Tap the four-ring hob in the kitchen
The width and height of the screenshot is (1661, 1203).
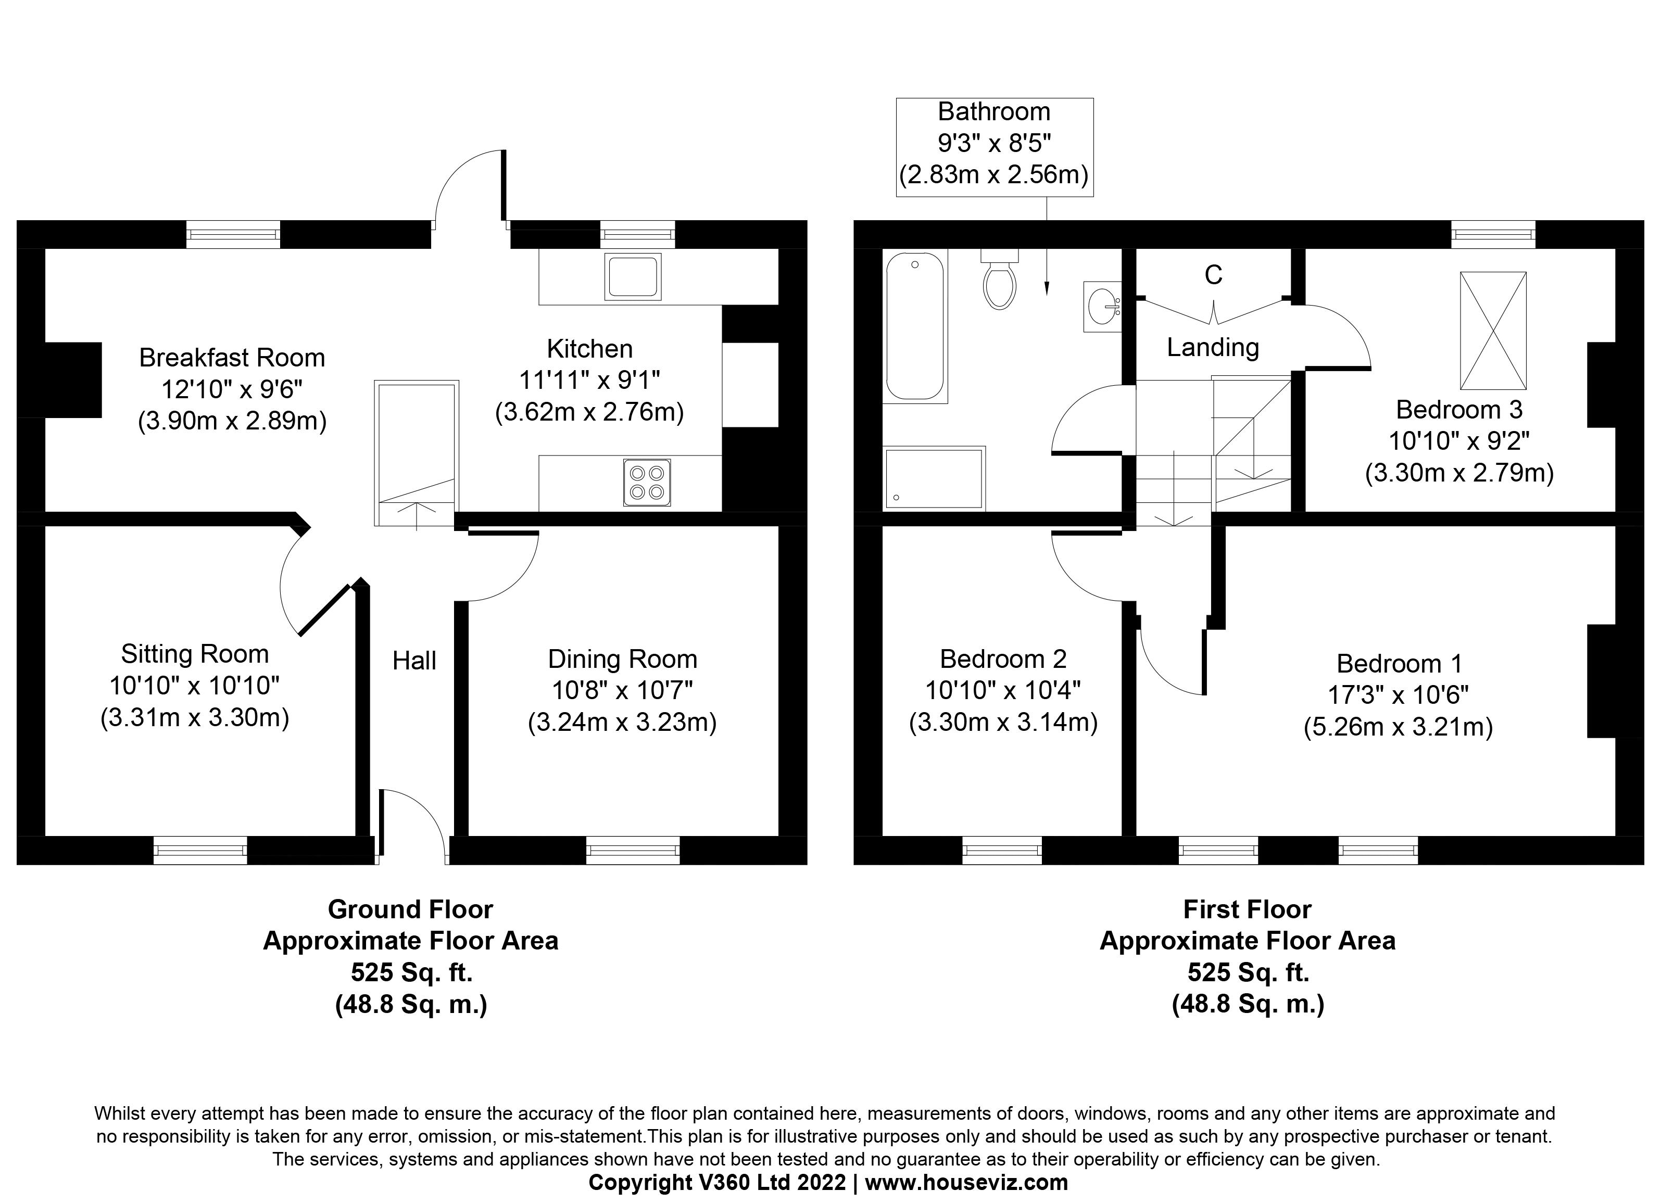(647, 482)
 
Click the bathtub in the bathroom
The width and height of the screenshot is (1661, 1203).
(915, 326)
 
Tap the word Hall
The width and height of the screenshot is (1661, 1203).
(414, 661)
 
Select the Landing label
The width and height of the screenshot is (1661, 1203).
(1213, 347)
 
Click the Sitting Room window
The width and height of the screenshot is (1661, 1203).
(200, 850)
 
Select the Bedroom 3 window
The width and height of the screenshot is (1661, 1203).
(1493, 234)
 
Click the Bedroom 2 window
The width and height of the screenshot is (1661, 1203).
(1002, 850)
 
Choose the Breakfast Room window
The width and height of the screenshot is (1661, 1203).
(233, 234)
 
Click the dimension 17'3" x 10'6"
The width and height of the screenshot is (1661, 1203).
(1398, 694)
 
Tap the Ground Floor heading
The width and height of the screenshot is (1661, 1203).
(410, 909)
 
